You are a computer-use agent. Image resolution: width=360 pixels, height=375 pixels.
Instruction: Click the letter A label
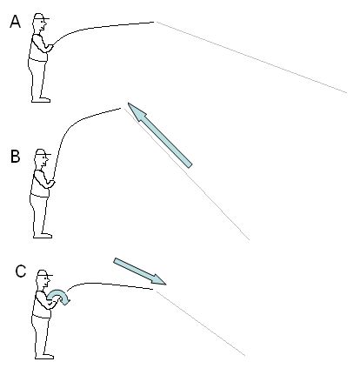pyautogui.click(x=15, y=22)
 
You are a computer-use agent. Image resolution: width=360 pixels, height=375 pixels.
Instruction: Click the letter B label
pyautogui.click(x=16, y=157)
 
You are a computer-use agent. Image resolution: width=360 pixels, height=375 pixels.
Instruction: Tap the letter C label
pyautogui.click(x=21, y=271)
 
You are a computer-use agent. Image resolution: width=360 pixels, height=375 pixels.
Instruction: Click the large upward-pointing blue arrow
pyautogui.click(x=160, y=135)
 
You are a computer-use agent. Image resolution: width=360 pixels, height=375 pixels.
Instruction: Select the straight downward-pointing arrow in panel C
pyautogui.click(x=140, y=271)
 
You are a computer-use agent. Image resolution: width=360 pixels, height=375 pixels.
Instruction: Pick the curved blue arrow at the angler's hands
pyautogui.click(x=59, y=297)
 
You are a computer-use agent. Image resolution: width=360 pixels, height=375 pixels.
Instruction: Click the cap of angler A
pyautogui.click(x=41, y=17)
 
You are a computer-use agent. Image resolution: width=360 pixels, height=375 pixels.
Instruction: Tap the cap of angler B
pyautogui.click(x=43, y=152)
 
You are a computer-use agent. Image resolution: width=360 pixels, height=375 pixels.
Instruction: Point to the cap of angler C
pyautogui.click(x=44, y=273)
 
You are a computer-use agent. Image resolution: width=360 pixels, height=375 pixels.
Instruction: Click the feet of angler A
pyautogui.click(x=41, y=100)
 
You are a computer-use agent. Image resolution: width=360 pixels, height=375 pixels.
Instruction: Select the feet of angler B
pyautogui.click(x=43, y=236)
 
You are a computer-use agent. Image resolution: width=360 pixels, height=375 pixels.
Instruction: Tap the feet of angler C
pyautogui.click(x=44, y=356)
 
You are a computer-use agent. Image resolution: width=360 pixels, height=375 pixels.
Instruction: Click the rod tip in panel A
pyautogui.click(x=154, y=22)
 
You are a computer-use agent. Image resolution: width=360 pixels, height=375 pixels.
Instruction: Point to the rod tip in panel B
pyautogui.click(x=121, y=109)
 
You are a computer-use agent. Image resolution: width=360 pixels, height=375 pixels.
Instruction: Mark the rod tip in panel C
pyautogui.click(x=153, y=289)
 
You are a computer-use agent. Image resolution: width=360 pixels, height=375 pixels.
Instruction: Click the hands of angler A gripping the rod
pyautogui.click(x=50, y=48)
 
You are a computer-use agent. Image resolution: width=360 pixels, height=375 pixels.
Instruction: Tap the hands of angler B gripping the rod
pyautogui.click(x=50, y=184)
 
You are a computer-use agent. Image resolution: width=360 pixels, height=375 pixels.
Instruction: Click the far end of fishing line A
pyautogui.click(x=347, y=93)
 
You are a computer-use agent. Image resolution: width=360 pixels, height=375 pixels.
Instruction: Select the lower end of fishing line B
pyautogui.click(x=249, y=240)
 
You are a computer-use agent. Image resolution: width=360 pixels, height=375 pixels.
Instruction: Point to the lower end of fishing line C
pyautogui.click(x=245, y=355)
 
